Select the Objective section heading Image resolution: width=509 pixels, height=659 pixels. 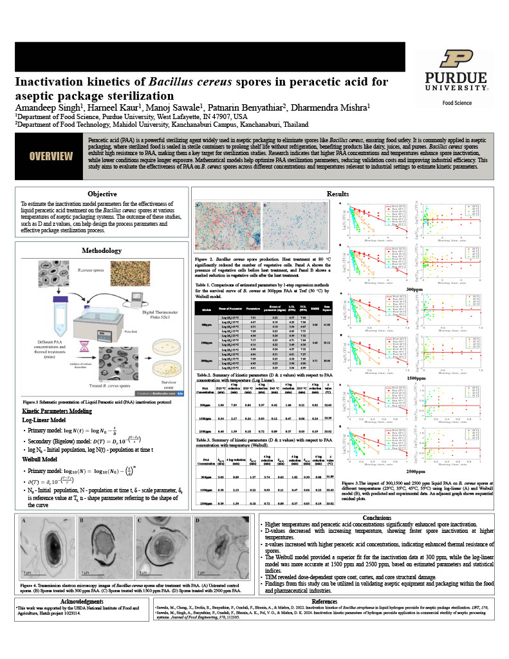(x=102, y=194)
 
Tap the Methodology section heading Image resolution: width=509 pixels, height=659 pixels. (x=102, y=250)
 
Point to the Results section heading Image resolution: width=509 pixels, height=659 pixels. (x=338, y=193)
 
